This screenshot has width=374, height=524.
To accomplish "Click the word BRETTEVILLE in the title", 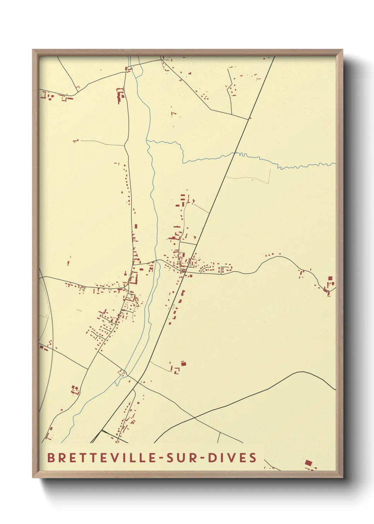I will [102, 457].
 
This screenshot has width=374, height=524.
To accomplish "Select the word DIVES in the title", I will [232, 457].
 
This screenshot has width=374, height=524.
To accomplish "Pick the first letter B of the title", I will [51, 457].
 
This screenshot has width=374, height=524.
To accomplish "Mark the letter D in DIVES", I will [212, 457].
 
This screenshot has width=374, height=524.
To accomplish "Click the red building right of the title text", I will [308, 463].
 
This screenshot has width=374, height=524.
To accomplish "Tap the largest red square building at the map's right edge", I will [330, 279].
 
